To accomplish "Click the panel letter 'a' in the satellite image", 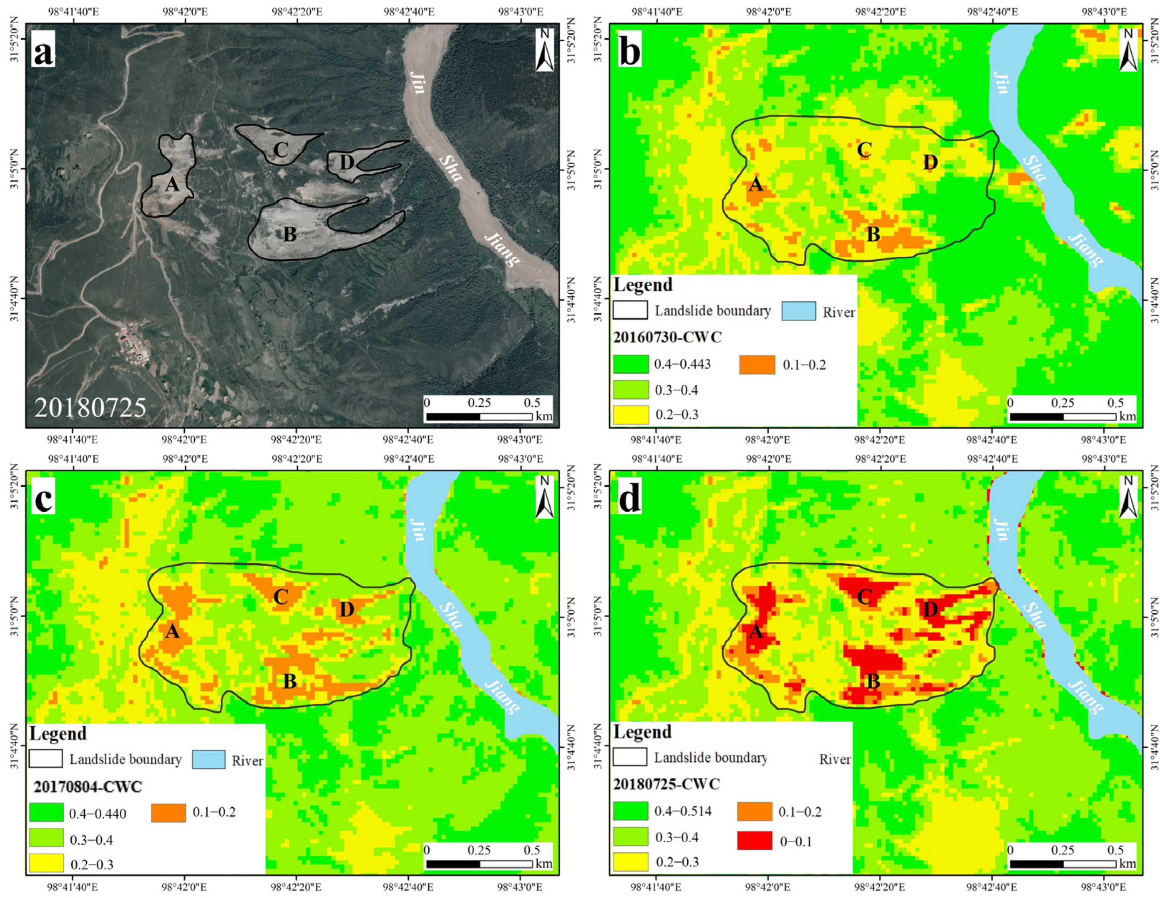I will click(x=43, y=52).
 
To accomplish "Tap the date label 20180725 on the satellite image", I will click(x=90, y=407).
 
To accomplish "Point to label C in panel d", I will click(x=864, y=596).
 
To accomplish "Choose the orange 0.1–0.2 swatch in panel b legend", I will click(x=757, y=364).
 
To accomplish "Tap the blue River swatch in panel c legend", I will click(x=208, y=759).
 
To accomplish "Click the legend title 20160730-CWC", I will click(x=667, y=337).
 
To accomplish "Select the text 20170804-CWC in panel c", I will click(x=87, y=787).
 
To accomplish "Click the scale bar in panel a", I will click(x=479, y=416).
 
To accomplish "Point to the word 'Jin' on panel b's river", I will click(x=1001, y=83).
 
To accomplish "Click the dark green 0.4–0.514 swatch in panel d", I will click(x=630, y=811).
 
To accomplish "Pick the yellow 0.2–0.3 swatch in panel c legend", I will click(x=46, y=863).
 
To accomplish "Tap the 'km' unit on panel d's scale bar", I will click(x=1127, y=864).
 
